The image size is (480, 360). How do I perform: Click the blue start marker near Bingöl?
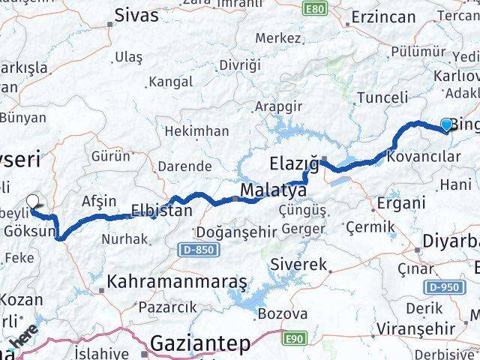pos(447,124)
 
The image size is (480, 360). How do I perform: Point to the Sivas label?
pos(136,15)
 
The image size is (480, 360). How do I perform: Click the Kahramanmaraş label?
pos(177,282)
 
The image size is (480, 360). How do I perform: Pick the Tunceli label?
pos(382,97)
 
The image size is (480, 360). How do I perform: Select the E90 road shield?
pos(294,340)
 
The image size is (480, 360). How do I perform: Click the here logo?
pos(25,340)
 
